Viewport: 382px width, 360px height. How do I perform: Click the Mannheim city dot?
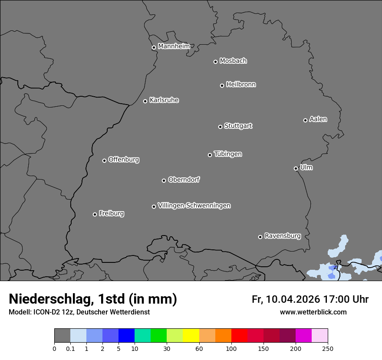point(154,48)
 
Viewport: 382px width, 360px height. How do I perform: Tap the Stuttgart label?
point(238,126)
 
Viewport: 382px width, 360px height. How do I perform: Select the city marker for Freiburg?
point(95,214)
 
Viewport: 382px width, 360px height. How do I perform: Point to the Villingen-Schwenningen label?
point(194,206)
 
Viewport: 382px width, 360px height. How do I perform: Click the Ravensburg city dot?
point(260,237)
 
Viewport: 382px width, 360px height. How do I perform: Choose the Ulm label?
point(306,167)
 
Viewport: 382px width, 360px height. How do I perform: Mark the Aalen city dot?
point(305,120)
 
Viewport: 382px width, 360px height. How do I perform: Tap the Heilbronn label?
point(241,85)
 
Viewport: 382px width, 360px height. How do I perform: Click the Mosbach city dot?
point(215,62)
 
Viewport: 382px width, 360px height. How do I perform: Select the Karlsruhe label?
point(164,100)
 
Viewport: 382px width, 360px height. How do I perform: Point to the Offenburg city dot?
point(104,160)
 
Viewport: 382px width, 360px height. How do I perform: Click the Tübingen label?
point(228,154)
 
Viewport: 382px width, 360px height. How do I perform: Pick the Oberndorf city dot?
point(164,180)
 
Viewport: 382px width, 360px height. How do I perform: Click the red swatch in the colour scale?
point(239,336)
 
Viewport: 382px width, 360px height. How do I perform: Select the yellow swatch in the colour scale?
point(191,336)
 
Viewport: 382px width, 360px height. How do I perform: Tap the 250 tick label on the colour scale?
point(328,348)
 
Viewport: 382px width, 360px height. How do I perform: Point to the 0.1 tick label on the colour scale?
point(70,348)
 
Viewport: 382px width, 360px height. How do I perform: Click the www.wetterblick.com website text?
point(313,312)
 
